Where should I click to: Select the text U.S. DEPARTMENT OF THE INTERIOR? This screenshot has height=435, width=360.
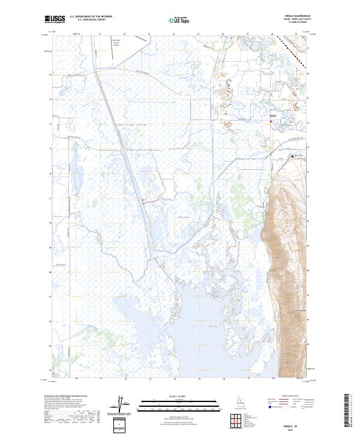(x=91, y=17)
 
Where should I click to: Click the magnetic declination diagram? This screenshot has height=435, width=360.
(x=123, y=401)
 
